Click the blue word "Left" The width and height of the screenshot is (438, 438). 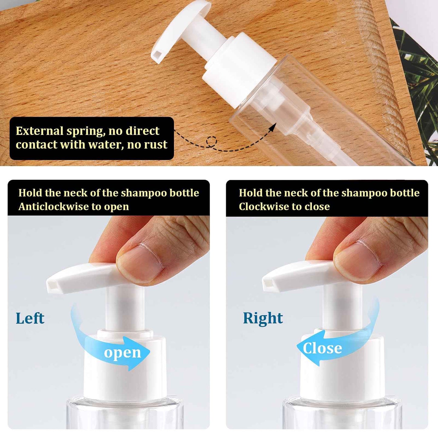point(30,318)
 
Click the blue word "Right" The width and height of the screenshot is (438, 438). point(263,318)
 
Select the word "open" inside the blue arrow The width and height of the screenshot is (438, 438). point(122,353)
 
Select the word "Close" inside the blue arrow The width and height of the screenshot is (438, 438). point(323,348)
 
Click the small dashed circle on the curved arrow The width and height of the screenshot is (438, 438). point(212,141)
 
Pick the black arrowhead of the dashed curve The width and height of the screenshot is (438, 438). point(273,127)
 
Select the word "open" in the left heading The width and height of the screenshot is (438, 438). point(116,206)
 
